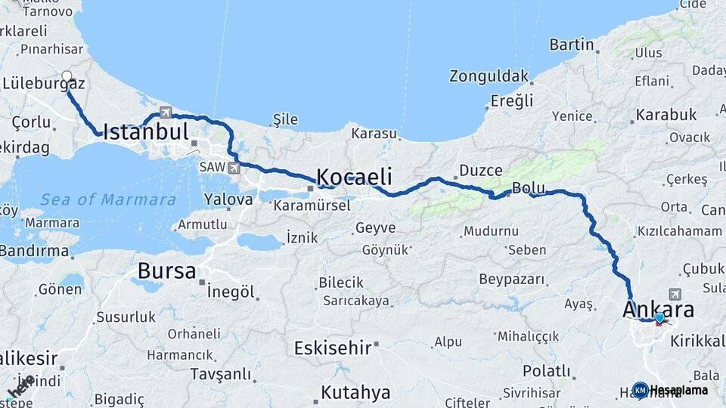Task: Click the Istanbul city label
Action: point(145,132)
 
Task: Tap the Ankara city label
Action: point(658,310)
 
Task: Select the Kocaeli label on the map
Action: point(354,177)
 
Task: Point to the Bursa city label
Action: point(166,271)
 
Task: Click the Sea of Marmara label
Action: point(108,200)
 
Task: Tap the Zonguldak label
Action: point(489,76)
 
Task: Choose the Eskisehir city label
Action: point(333,348)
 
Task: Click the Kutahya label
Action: point(355,393)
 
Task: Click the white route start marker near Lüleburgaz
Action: point(67,76)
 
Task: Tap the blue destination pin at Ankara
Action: point(660,319)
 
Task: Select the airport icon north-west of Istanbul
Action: point(165,113)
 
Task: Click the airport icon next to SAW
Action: point(234,167)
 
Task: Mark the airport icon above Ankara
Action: point(675,294)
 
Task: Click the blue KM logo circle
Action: point(640,391)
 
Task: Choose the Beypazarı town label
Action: point(512,280)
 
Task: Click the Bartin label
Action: point(572,45)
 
